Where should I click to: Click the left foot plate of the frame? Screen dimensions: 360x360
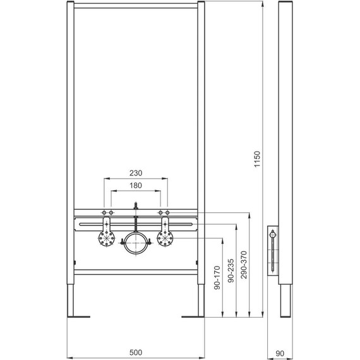(x=78, y=315)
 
